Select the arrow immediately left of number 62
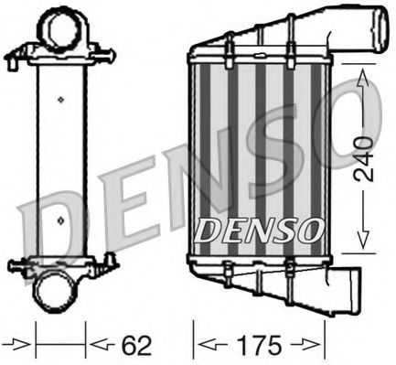pyautogui.click(x=98, y=345)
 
